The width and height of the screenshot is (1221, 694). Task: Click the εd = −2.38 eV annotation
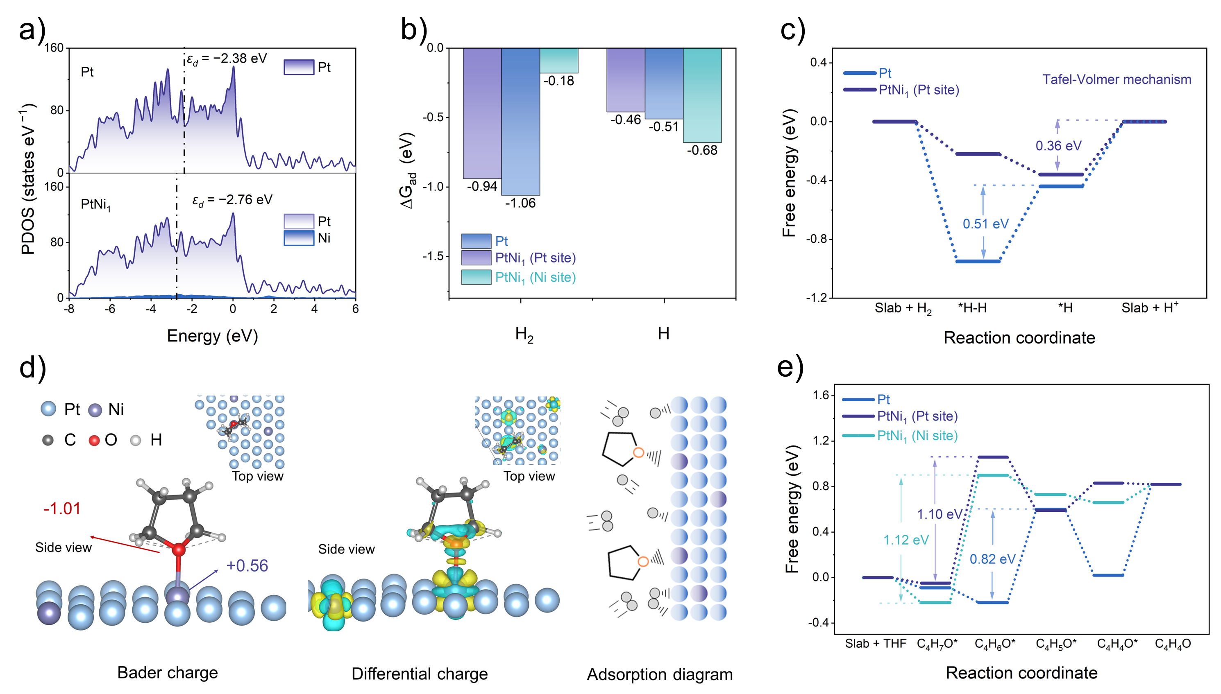click(x=227, y=59)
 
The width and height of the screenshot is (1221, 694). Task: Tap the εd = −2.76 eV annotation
click(x=232, y=200)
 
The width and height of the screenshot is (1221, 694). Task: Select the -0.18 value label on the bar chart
click(x=558, y=81)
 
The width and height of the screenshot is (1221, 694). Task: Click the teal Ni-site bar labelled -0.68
click(x=702, y=95)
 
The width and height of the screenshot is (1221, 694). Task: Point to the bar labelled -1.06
click(x=520, y=122)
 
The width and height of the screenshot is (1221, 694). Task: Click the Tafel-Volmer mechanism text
click(x=1117, y=79)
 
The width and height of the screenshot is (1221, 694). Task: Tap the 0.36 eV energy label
click(x=1058, y=146)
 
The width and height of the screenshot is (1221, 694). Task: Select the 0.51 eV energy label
click(x=985, y=224)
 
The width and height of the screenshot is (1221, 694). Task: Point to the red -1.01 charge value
click(x=62, y=509)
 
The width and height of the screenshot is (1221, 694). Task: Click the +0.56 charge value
click(x=247, y=566)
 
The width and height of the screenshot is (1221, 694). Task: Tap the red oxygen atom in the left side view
click(x=179, y=549)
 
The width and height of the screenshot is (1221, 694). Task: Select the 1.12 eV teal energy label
click(x=906, y=540)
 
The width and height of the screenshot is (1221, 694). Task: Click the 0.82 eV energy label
click(x=992, y=559)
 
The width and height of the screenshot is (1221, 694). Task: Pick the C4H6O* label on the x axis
click(x=995, y=644)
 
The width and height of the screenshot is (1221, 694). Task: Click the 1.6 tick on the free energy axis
click(x=822, y=396)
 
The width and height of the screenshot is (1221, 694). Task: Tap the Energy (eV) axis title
click(x=212, y=336)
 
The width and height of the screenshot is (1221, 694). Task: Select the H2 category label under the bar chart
click(x=524, y=334)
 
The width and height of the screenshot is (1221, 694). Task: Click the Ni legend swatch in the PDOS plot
click(x=299, y=238)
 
